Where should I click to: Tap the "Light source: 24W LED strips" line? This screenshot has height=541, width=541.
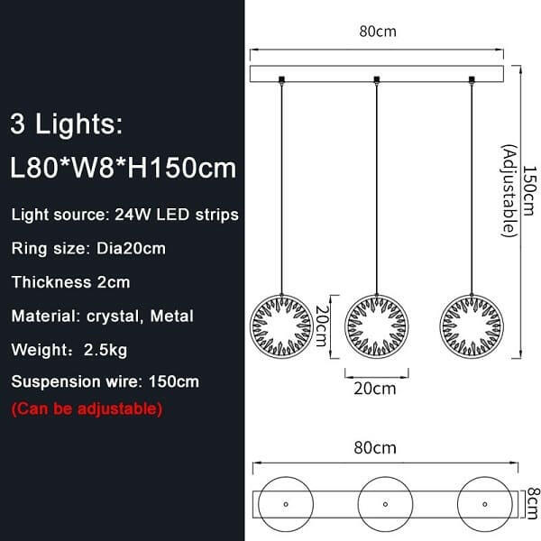(124, 215)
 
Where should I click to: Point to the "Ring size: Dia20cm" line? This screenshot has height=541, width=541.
(88, 248)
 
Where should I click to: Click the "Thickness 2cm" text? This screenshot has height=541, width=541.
(70, 281)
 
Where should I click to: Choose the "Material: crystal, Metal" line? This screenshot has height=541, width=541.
(102, 316)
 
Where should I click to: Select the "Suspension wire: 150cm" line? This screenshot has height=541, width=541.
(105, 381)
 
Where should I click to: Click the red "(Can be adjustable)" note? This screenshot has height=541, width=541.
(87, 408)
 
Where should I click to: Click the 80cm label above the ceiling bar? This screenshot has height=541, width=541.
(378, 32)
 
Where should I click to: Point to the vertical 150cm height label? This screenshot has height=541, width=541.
(530, 189)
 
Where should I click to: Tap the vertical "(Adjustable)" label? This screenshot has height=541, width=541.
(510, 189)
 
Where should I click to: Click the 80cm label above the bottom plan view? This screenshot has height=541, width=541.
(378, 447)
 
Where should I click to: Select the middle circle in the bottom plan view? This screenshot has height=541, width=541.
(386, 500)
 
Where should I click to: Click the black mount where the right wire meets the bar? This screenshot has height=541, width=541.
(472, 80)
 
